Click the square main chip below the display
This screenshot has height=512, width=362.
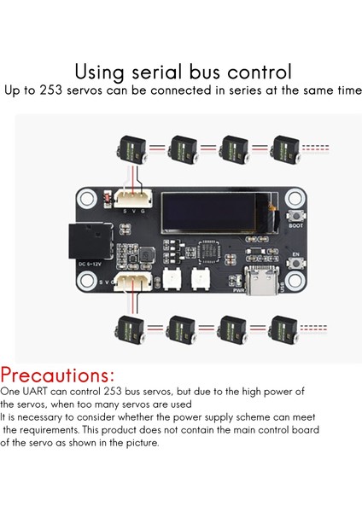pyautogui.click(x=212, y=253)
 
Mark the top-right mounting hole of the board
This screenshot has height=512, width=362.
pyautogui.click(x=297, y=195)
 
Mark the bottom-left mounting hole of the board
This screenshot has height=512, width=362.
pyautogui.click(x=88, y=290)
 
